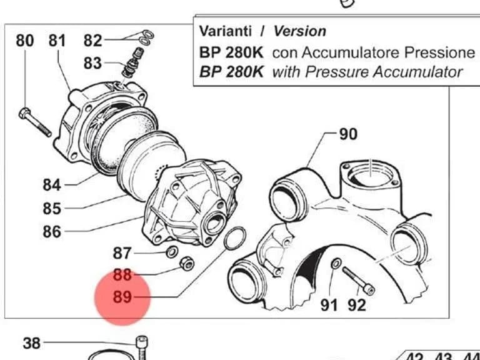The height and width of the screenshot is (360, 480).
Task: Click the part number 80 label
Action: click(x=25, y=41)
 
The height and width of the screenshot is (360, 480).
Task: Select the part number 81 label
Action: click(x=57, y=41)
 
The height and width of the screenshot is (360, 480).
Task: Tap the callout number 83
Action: click(x=92, y=63)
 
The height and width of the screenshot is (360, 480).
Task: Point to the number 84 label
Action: click(x=52, y=185)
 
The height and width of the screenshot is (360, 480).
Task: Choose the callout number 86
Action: click(x=52, y=231)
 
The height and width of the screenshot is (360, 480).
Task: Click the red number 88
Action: click(x=122, y=274)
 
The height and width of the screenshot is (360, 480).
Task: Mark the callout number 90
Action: click(x=348, y=134)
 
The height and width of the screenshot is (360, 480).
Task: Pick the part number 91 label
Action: click(x=329, y=305)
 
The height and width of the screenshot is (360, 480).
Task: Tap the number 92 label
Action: click(x=357, y=305)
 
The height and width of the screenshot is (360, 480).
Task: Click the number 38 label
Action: click(x=31, y=344)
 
